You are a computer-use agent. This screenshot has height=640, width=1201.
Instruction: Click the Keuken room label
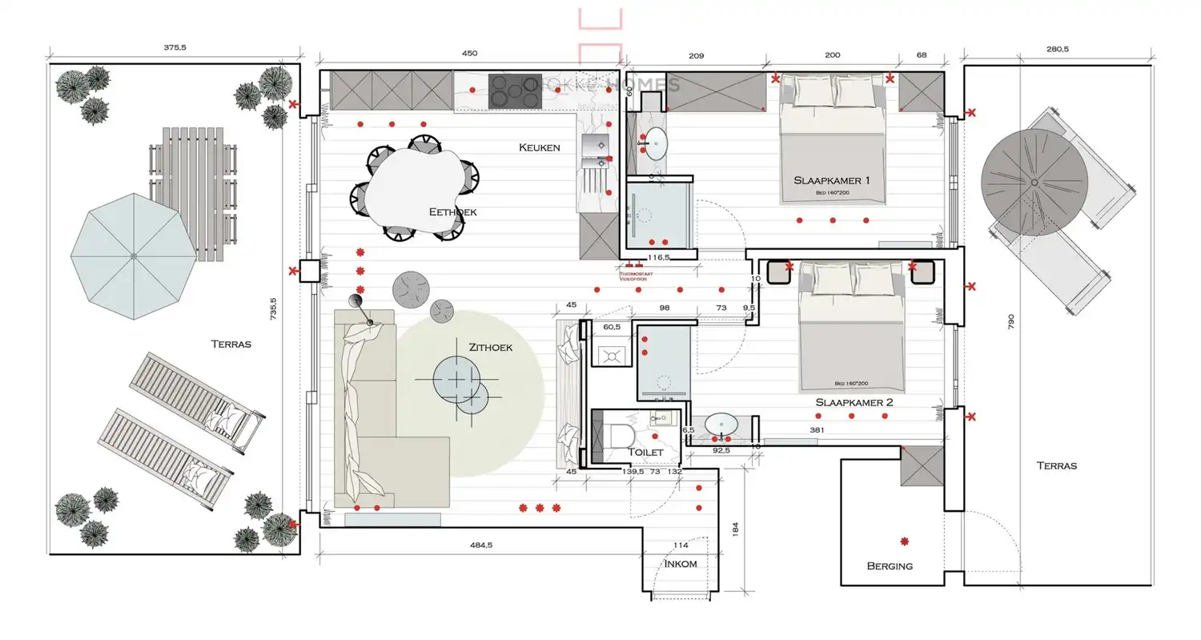[539, 147]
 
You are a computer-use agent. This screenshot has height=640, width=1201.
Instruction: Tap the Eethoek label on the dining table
[453, 212]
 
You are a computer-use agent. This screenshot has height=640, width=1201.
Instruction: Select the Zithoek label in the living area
[490, 348]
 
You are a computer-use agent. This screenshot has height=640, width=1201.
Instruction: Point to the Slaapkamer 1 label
[837, 181]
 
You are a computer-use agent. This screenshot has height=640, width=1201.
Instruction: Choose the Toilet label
[645, 453]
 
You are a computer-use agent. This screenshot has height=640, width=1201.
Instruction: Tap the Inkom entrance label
[681, 564]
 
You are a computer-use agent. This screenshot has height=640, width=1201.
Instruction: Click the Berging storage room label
[890, 566]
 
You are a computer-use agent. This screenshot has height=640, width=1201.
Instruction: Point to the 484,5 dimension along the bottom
[480, 545]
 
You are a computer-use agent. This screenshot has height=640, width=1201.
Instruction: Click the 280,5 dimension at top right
[1057, 50]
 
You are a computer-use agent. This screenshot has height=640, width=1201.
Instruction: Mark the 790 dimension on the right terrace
[1010, 322]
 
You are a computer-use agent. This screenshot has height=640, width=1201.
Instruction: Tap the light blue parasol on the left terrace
[133, 256]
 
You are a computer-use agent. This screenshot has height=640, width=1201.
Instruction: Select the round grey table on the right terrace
[1034, 183]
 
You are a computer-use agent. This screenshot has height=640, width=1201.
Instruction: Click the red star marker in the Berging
[905, 541]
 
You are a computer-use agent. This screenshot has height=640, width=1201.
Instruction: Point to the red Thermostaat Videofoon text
[636, 275]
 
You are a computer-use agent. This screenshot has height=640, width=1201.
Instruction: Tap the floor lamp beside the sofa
[357, 302]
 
